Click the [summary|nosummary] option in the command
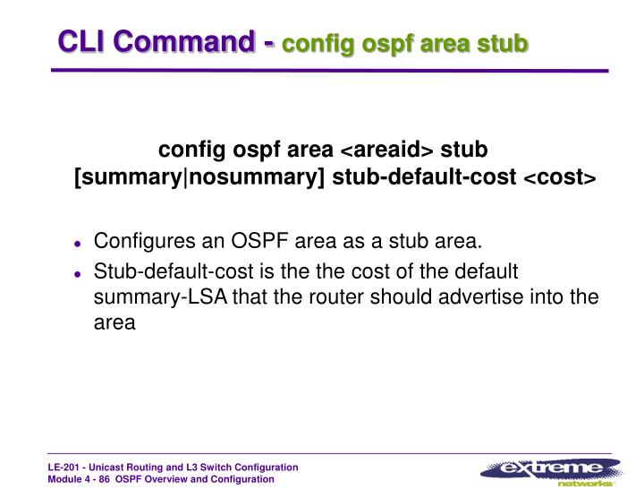[199, 177]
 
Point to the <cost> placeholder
[559, 177]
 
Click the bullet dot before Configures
[79, 243]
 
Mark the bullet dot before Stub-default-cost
[79, 272]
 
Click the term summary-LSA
[161, 297]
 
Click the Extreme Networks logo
[549, 471]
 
